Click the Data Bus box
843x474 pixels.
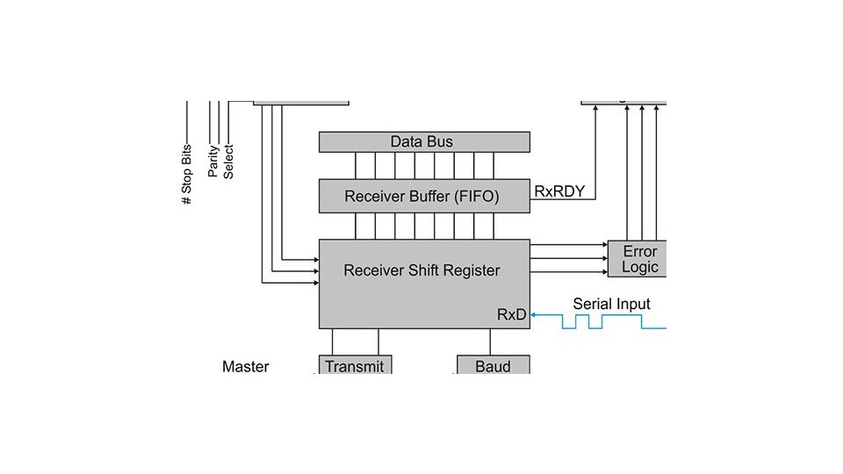[x=424, y=142]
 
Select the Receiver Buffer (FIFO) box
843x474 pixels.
[x=424, y=196]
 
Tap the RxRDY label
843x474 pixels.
[x=559, y=190]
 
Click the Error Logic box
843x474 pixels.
[x=638, y=259]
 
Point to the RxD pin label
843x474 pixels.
[x=512, y=314]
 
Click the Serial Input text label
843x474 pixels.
[x=612, y=304]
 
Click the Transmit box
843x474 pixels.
[x=355, y=365]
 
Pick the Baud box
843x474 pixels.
[x=494, y=365]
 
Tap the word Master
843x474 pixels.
[x=246, y=366]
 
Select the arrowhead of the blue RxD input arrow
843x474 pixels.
[x=535, y=314]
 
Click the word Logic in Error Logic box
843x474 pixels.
[x=640, y=267]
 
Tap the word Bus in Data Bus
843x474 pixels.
[x=444, y=142]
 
